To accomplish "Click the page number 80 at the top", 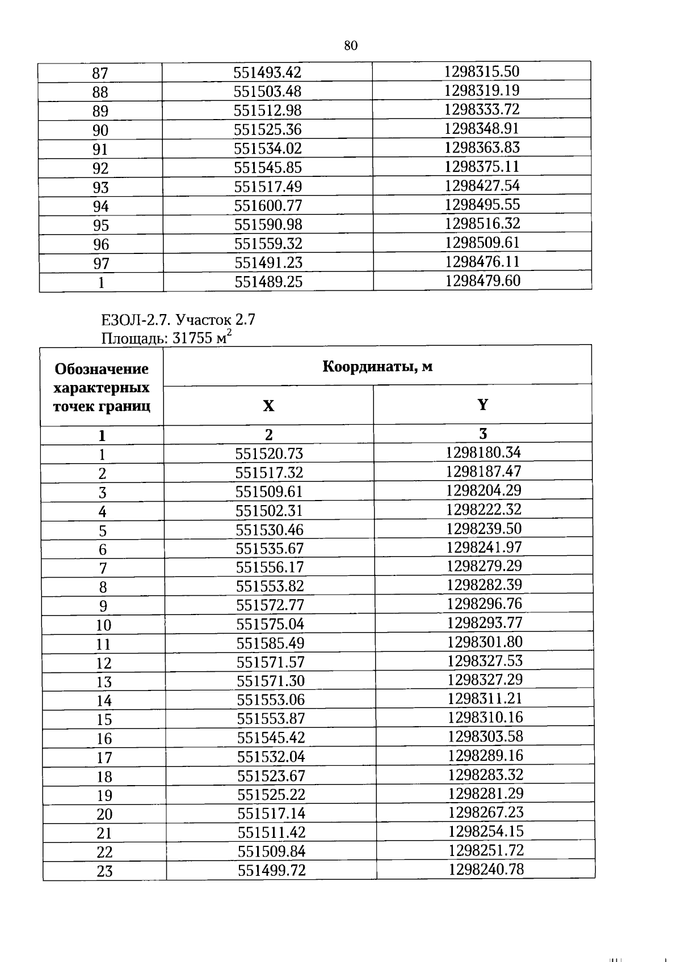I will (x=351, y=46).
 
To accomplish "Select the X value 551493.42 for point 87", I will (x=267, y=73).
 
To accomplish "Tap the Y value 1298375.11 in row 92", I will (x=482, y=167).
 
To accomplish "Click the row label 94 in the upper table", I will (x=100, y=206).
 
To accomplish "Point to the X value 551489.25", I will (x=268, y=282).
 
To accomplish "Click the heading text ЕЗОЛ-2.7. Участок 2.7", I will (x=178, y=320).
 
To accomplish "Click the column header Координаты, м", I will (x=377, y=366).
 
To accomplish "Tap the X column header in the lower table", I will (x=268, y=406).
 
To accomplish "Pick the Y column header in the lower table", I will (x=482, y=405).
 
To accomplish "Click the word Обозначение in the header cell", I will (x=102, y=369).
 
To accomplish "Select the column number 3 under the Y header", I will (x=483, y=434).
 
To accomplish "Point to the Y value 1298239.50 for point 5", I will (x=484, y=529).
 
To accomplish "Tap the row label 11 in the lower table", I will (x=103, y=645).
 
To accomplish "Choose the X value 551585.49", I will (x=270, y=643).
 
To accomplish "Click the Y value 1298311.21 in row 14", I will (x=485, y=698).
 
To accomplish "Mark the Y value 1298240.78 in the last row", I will (x=486, y=870).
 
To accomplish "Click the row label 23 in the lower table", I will (x=104, y=872).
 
